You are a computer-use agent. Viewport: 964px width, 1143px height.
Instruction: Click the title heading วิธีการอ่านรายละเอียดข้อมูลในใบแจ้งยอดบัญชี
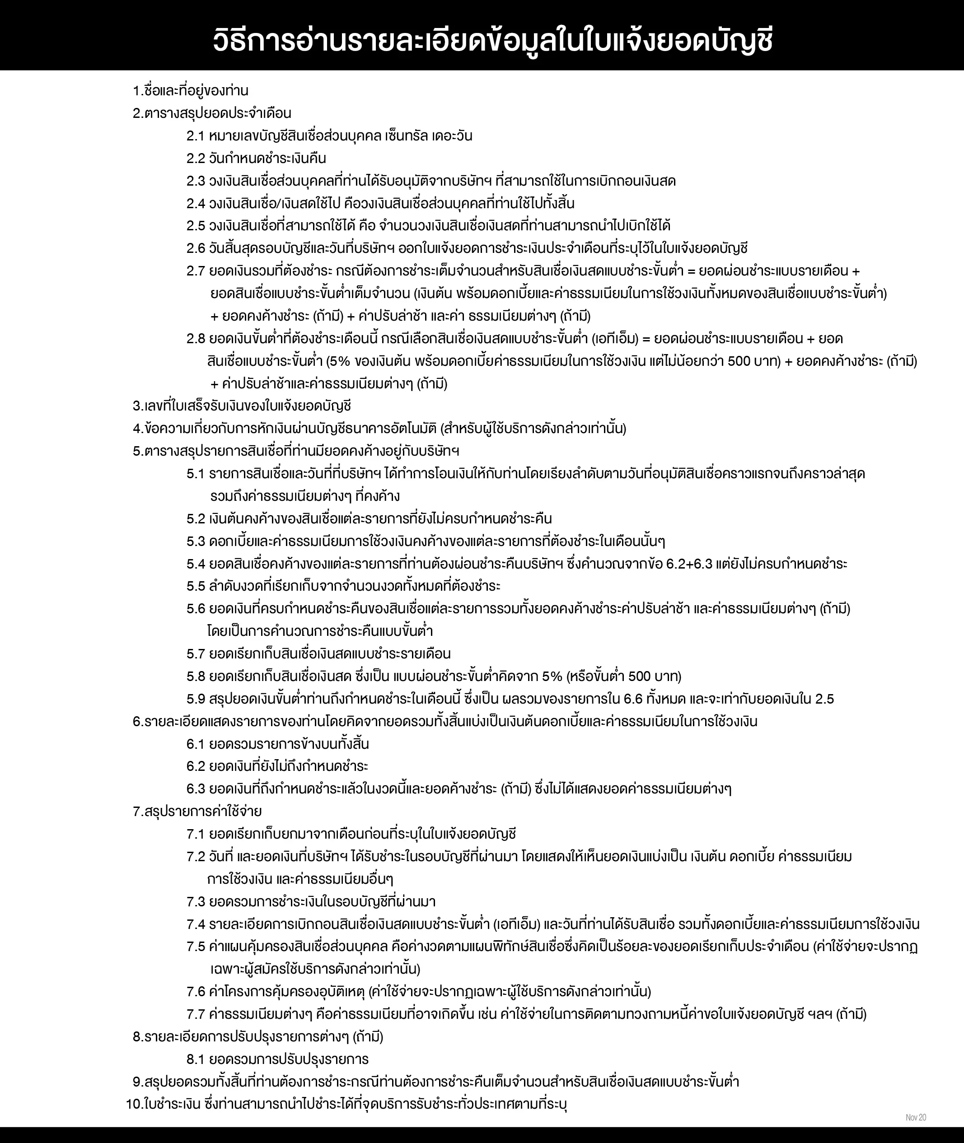pos(492,42)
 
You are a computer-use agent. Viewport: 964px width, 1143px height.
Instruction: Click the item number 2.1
pos(195,136)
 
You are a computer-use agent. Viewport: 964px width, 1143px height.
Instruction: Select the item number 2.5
pos(195,226)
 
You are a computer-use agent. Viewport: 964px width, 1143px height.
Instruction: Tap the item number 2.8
pos(195,339)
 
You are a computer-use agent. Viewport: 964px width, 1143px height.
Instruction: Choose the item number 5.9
pos(195,699)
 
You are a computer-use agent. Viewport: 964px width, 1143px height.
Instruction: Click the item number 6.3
pos(195,789)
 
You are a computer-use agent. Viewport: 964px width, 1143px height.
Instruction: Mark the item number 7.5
pos(195,946)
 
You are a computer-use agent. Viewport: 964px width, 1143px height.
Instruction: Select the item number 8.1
pos(195,1059)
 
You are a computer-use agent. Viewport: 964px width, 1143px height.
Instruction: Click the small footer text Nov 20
pos(915,1117)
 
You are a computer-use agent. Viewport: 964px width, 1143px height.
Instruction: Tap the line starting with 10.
pos(346,1104)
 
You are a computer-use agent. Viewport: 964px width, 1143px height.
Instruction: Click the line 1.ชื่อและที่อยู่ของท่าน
pos(191,91)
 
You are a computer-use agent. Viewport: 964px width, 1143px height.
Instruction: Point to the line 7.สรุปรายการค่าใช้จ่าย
pos(197,812)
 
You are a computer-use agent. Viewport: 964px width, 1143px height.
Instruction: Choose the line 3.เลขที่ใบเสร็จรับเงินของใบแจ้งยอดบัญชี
pos(242,406)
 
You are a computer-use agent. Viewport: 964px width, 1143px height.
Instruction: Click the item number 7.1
pos(195,834)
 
